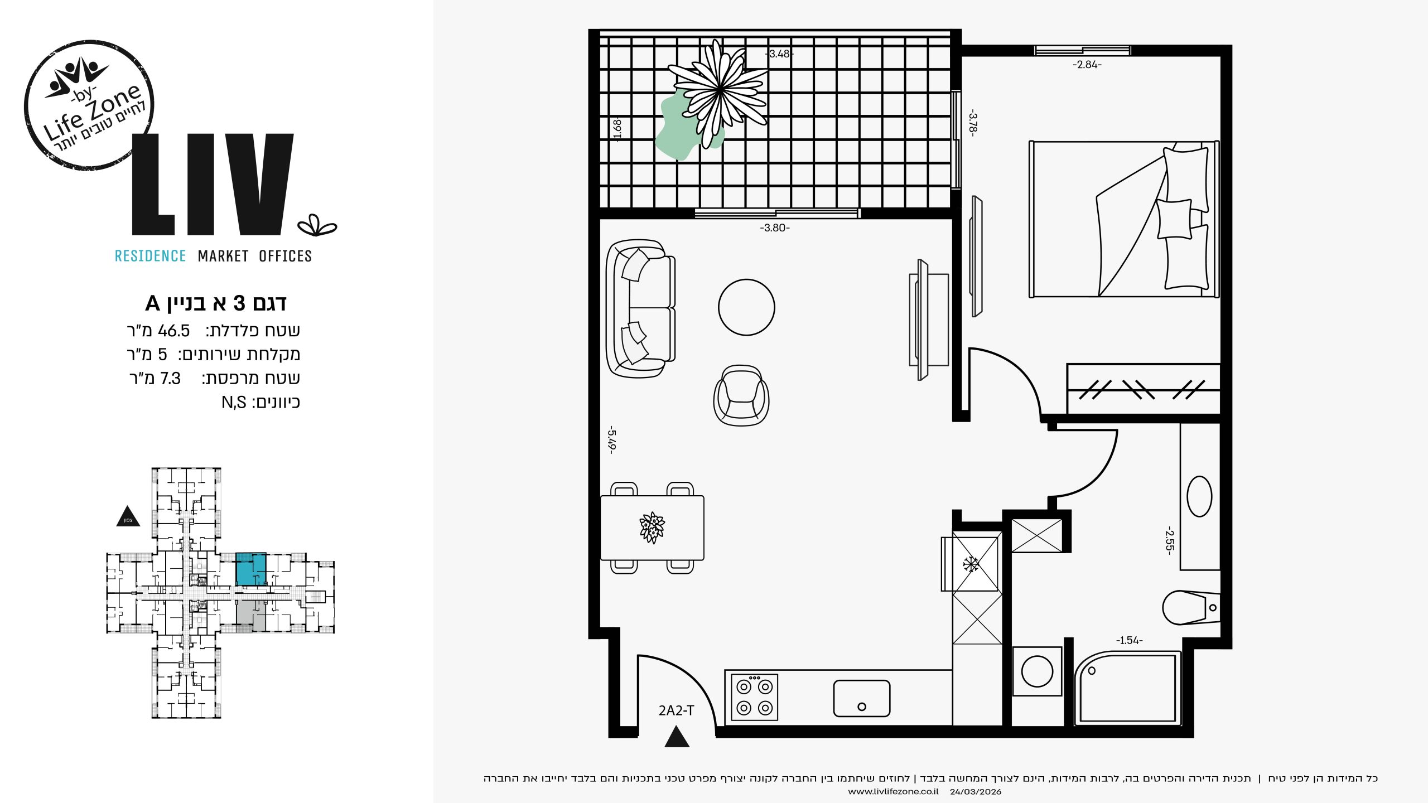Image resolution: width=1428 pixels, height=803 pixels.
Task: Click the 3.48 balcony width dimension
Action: (779, 54)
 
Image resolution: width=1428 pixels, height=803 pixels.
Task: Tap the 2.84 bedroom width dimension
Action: (1087, 65)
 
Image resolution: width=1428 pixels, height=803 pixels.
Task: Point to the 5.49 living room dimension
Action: (612, 440)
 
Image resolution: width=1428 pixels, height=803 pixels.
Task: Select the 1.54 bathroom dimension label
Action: (1129, 641)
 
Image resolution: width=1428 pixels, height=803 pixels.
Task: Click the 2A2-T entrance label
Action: (676, 710)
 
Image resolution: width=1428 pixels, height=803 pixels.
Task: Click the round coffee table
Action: (746, 307)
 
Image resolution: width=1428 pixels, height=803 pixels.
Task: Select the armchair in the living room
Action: (741, 395)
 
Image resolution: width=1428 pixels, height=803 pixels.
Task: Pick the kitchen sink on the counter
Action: (862, 698)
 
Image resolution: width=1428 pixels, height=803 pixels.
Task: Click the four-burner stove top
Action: (754, 698)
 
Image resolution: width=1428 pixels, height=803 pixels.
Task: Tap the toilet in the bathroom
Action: (1191, 607)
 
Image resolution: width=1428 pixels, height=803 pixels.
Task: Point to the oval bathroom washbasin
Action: (1199, 496)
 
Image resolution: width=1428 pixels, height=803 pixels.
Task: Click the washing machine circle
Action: (1037, 671)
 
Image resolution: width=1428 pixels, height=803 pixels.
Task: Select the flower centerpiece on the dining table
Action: (652, 528)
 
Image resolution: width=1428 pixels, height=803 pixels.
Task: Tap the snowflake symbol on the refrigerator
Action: (971, 564)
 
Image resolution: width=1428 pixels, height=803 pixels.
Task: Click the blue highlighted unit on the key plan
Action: (250, 569)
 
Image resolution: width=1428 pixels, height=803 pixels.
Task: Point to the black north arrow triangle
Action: (128, 516)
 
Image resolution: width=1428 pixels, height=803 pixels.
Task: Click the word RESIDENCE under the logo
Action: (150, 256)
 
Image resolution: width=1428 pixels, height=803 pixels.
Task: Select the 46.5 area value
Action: (174, 331)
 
